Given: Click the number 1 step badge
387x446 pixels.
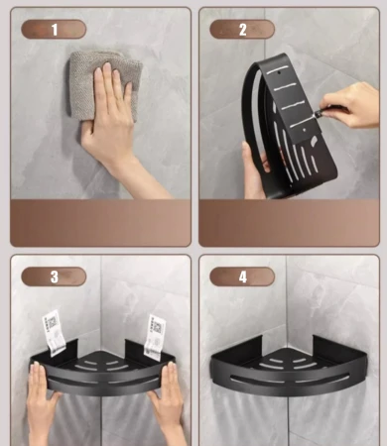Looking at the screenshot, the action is pyautogui.click(x=54, y=30).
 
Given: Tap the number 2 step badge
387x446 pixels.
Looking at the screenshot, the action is pyautogui.click(x=242, y=30).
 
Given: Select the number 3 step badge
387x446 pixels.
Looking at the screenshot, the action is pyautogui.click(x=54, y=277).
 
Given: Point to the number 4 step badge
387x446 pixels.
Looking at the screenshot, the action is pyautogui.click(x=242, y=277).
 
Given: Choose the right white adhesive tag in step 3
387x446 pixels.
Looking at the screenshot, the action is pyautogui.click(x=155, y=337).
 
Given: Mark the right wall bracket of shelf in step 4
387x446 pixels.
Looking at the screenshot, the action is pyautogui.click(x=338, y=348).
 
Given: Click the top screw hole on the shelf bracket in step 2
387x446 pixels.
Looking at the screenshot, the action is pyautogui.click(x=279, y=71).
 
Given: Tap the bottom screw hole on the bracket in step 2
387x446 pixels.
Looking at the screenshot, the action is pyautogui.click(x=305, y=130).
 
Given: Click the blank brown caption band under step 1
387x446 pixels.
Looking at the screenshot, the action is pyautogui.click(x=100, y=223).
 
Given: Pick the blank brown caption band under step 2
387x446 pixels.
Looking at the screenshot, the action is pyautogui.click(x=289, y=223).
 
